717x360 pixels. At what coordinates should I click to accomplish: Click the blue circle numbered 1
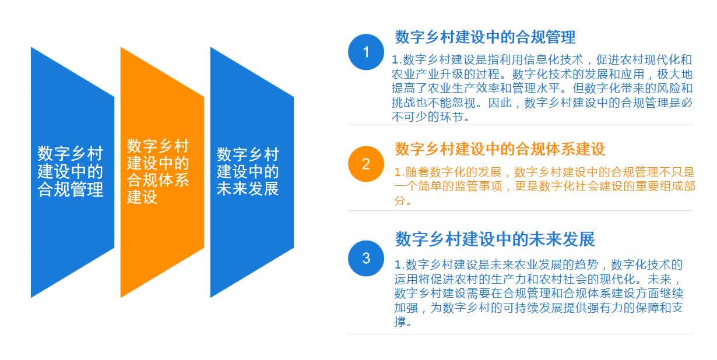366,52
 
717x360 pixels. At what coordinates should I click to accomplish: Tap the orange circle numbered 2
366,164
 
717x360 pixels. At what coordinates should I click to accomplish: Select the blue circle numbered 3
366,258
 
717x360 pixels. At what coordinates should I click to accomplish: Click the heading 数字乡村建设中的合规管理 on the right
485,37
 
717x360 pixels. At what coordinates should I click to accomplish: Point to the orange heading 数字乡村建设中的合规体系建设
500,149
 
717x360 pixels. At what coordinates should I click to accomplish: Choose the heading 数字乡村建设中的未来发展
495,239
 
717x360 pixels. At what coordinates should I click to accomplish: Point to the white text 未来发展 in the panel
248,189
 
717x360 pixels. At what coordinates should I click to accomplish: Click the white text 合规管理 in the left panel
71,189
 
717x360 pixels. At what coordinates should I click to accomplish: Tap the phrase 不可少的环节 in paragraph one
430,117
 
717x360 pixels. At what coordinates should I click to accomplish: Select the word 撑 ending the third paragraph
400,322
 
